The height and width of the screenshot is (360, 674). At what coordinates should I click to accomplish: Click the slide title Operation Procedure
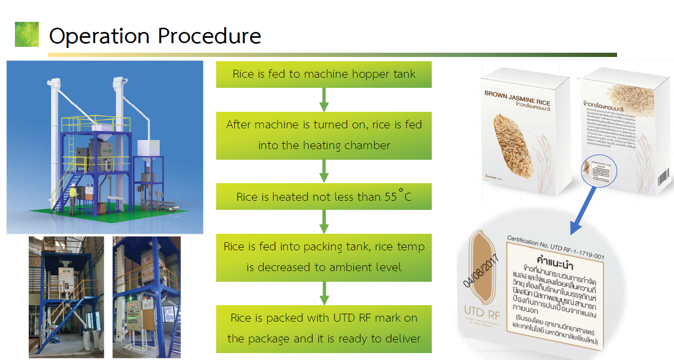[x=155, y=36]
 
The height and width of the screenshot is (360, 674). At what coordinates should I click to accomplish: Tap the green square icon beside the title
[x=27, y=34]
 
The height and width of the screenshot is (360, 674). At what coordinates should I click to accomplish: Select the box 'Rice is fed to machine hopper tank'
[x=324, y=75]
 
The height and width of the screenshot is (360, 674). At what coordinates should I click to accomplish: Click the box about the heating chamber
[x=324, y=135]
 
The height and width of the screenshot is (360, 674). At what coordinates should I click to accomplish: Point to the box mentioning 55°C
[x=324, y=197]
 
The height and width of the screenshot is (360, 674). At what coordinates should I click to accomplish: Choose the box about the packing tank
[x=324, y=257]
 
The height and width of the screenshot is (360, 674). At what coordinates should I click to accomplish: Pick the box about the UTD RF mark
[x=324, y=329]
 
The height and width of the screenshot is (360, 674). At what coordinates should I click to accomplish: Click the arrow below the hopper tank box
[x=324, y=100]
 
